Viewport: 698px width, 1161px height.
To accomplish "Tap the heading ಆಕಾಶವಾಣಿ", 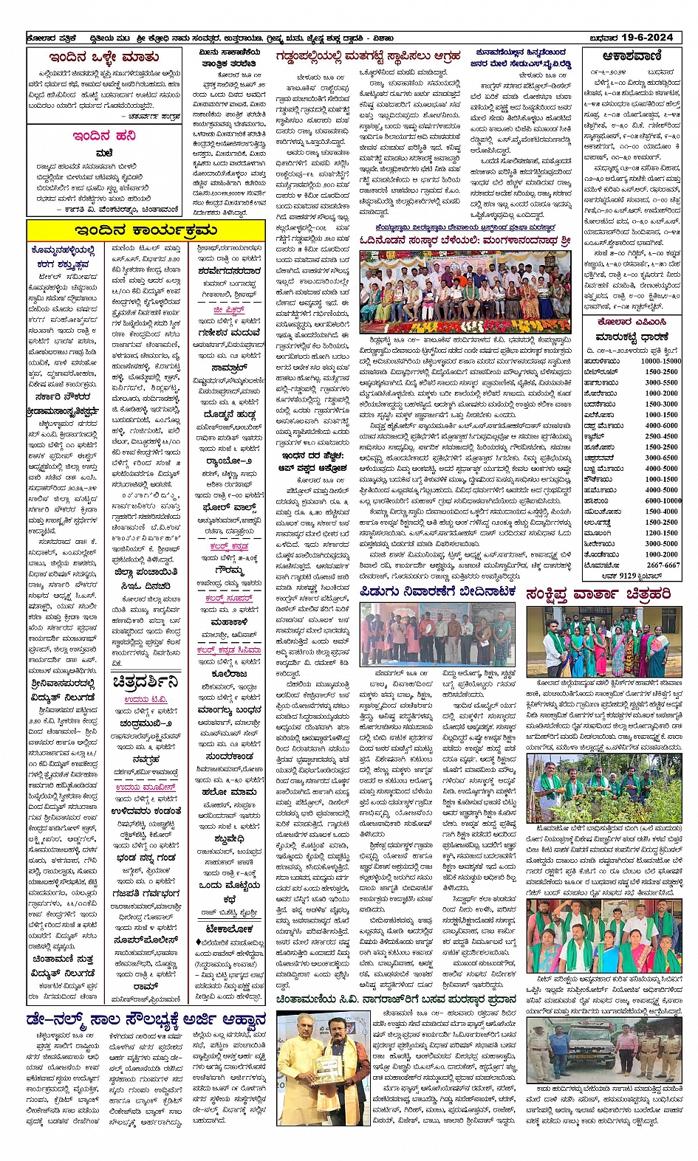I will point(631,56).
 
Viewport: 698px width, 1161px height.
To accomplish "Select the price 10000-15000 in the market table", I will point(660,361).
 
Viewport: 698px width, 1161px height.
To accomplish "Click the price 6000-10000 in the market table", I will point(662,500).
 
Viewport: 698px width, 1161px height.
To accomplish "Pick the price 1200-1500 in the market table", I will point(661,532).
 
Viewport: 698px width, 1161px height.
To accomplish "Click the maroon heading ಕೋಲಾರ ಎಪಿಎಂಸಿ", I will point(632,322).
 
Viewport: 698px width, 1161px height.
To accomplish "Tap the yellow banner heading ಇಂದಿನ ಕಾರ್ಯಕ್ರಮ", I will point(145,230).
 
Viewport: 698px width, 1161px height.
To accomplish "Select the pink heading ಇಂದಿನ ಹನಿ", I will point(103,136).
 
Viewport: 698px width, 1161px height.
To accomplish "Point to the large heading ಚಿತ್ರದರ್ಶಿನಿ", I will point(146,681).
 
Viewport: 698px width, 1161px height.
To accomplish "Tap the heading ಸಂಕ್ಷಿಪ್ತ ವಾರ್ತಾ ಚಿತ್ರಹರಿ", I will point(598,593).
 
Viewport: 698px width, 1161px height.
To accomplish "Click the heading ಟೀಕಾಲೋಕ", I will point(230,929).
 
